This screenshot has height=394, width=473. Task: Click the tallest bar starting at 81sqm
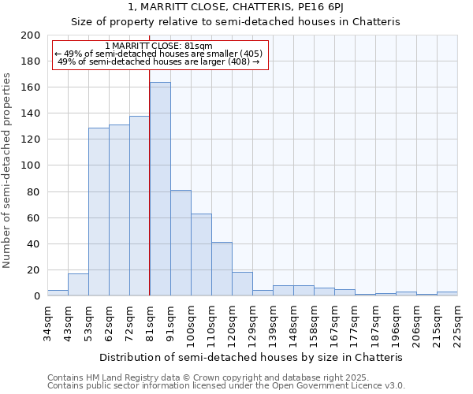[x=160, y=189]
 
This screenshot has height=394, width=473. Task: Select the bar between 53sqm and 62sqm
[x=99, y=211]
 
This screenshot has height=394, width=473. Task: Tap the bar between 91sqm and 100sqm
[x=181, y=243]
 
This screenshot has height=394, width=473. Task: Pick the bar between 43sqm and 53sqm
[x=78, y=284]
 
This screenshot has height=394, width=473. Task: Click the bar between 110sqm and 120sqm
[x=222, y=269]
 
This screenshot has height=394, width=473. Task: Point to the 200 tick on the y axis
[x=32, y=35]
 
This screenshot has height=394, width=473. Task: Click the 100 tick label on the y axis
[x=32, y=165]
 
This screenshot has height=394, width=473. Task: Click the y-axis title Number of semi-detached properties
[x=8, y=170]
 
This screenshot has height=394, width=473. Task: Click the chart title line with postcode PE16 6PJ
[x=236, y=8]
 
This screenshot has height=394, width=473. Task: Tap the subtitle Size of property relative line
[x=236, y=22]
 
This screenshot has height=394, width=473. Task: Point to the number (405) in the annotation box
[x=250, y=54]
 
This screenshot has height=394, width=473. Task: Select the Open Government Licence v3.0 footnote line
[x=226, y=385]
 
